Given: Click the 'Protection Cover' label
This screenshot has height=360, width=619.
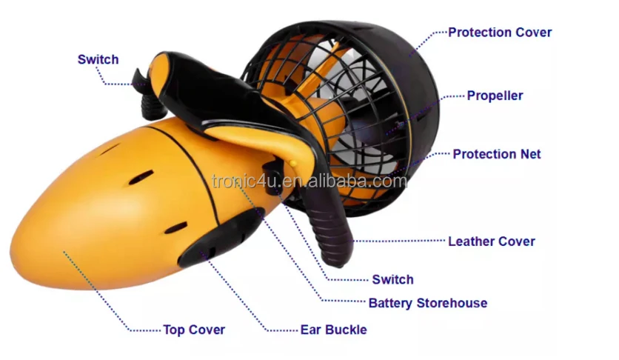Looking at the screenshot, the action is tap(500, 33).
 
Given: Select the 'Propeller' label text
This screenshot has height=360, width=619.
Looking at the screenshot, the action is tap(495, 96).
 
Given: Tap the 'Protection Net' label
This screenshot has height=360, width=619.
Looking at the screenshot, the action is tap(497, 154).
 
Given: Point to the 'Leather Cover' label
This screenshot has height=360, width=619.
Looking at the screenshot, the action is tap(492, 241).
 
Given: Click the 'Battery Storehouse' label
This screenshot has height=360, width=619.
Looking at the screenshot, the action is tap(428, 303).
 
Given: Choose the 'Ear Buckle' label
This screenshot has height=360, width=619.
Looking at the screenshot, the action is tap(333, 330).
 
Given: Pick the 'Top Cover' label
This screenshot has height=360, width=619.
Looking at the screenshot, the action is tap(194, 330).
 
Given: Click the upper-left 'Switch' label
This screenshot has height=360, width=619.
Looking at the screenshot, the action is tap(98, 59).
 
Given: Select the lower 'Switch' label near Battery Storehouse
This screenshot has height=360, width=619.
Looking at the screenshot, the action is tap(392, 279).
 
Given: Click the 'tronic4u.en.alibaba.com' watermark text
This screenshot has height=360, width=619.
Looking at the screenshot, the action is tap(309, 181).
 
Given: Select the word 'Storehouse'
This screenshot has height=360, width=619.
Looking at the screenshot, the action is tap(452, 303).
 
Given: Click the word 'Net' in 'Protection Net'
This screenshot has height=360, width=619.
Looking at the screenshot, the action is tap(530, 154).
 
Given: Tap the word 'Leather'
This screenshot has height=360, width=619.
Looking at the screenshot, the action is tap(472, 241).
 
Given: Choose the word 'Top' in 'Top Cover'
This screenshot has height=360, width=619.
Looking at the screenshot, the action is tap(174, 330).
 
